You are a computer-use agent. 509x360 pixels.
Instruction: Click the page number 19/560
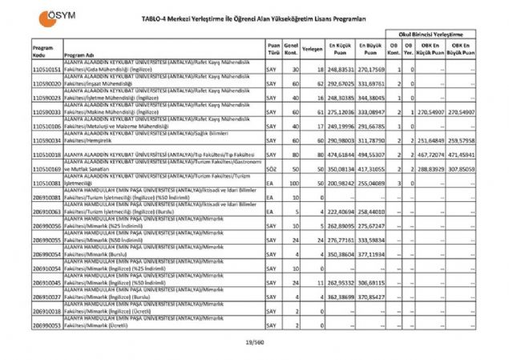[x=254, y=342]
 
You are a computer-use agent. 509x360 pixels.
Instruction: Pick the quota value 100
[x=295, y=184]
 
